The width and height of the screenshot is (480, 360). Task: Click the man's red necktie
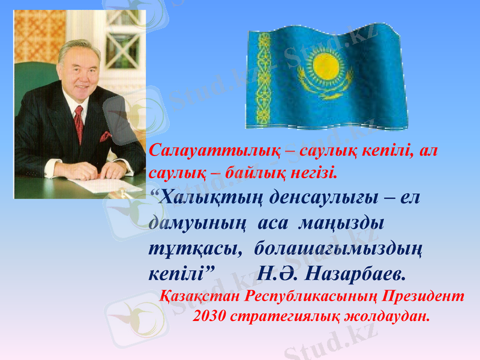(79, 123)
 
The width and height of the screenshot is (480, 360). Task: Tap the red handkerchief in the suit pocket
(106, 137)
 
